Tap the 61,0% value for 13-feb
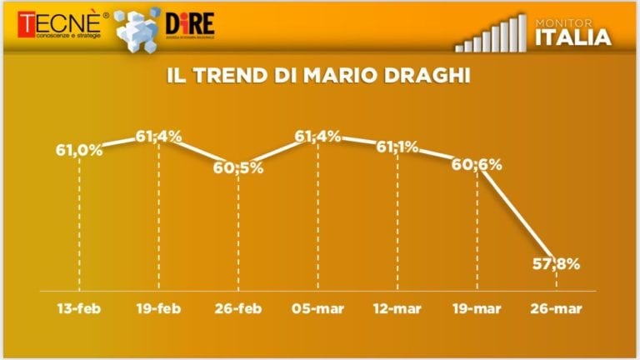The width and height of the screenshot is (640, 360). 79,151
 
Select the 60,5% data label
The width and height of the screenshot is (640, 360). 238,167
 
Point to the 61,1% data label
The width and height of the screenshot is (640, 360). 397,147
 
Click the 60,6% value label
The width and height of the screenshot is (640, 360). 477,164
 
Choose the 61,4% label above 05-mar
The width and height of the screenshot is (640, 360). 318,136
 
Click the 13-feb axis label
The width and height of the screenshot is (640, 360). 79,309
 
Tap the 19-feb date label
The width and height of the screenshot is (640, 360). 159,309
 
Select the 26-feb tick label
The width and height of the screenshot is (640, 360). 238,309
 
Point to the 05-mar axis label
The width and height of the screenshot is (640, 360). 318,309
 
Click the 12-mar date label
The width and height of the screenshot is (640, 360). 397,309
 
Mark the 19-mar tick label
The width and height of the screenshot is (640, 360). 477,309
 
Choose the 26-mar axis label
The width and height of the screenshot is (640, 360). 557,309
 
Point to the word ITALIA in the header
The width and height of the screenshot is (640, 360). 573,37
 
